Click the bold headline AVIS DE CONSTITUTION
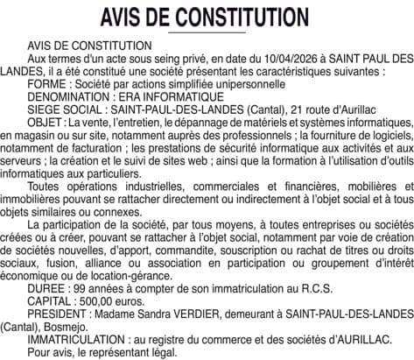[207, 18]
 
